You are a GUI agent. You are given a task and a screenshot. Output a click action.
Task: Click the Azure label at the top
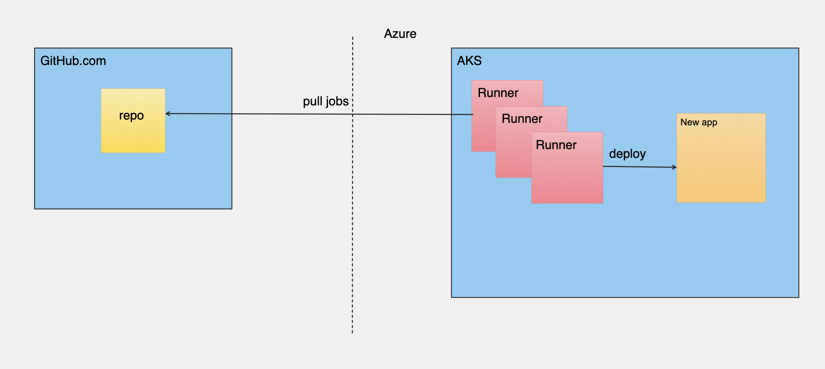pyautogui.click(x=400, y=34)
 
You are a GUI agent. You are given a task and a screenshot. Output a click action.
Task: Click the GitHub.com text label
pyautogui.click(x=73, y=61)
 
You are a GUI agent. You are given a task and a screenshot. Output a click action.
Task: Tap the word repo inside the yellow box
pyautogui.click(x=131, y=115)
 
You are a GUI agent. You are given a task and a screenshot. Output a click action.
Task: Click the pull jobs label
pyautogui.click(x=326, y=101)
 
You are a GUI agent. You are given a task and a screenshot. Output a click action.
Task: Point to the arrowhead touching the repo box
pyautogui.click(x=168, y=113)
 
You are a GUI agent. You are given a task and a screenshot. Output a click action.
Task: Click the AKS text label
pyautogui.click(x=469, y=61)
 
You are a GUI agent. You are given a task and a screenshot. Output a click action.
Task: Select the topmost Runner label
pyautogui.click(x=498, y=93)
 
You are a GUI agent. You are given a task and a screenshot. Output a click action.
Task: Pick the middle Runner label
pyautogui.click(x=522, y=119)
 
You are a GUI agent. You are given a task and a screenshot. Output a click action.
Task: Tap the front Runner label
pyautogui.click(x=556, y=145)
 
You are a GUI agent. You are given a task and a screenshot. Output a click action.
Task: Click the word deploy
pyautogui.click(x=627, y=154)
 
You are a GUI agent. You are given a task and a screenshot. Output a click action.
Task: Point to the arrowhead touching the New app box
pyautogui.click(x=674, y=167)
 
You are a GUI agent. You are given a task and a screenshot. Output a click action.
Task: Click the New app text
pyautogui.click(x=698, y=122)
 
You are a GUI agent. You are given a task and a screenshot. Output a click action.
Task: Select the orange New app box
pyautogui.click(x=721, y=167)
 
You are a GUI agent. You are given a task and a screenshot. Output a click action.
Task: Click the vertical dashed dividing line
pyautogui.click(x=353, y=229)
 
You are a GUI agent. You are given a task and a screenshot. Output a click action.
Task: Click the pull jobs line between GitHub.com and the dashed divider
pyautogui.click(x=291, y=114)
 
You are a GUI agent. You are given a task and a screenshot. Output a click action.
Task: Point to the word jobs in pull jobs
pyautogui.click(x=337, y=101)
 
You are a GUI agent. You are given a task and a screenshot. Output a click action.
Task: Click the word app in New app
pyautogui.click(x=709, y=123)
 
